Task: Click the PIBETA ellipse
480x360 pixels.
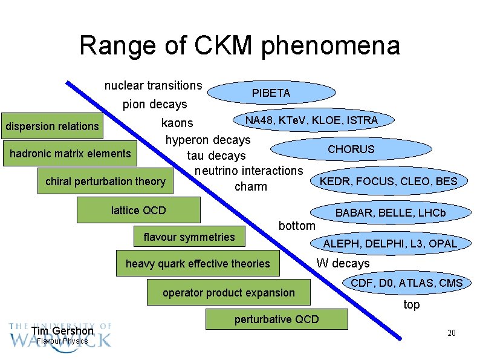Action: tap(271, 93)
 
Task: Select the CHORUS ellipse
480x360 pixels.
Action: tap(351, 149)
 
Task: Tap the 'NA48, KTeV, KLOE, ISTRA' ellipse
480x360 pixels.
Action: tap(311, 120)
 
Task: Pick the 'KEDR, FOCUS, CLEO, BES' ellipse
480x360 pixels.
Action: tap(389, 181)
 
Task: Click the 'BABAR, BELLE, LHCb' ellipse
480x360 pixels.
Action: tap(390, 213)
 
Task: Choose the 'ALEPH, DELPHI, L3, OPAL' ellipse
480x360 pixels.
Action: tap(391, 244)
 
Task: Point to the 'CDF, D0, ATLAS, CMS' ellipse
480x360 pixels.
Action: tap(406, 283)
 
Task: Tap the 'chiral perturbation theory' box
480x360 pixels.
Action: tap(105, 182)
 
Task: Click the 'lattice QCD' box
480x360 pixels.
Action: tap(138, 211)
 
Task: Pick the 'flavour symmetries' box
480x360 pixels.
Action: tap(189, 237)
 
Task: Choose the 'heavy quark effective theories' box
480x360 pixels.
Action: tap(198, 264)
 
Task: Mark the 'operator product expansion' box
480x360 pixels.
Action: tap(229, 293)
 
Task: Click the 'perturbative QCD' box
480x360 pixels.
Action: tap(276, 319)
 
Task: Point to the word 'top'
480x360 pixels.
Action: tap(411, 305)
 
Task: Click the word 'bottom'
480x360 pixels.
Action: tap(297, 226)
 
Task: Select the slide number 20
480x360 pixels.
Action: tap(451, 333)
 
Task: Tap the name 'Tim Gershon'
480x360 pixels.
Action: tap(62, 331)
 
